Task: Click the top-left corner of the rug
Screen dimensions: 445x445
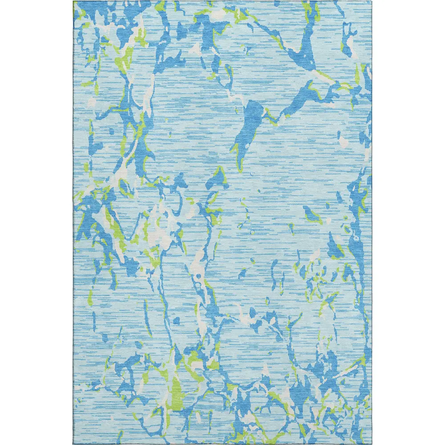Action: (74, 1)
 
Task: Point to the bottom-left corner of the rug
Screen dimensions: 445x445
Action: (74, 444)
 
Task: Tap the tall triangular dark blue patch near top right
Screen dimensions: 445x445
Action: (307, 49)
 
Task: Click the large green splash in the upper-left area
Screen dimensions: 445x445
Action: (125, 58)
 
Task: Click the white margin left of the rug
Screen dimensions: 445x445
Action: (36, 222)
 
